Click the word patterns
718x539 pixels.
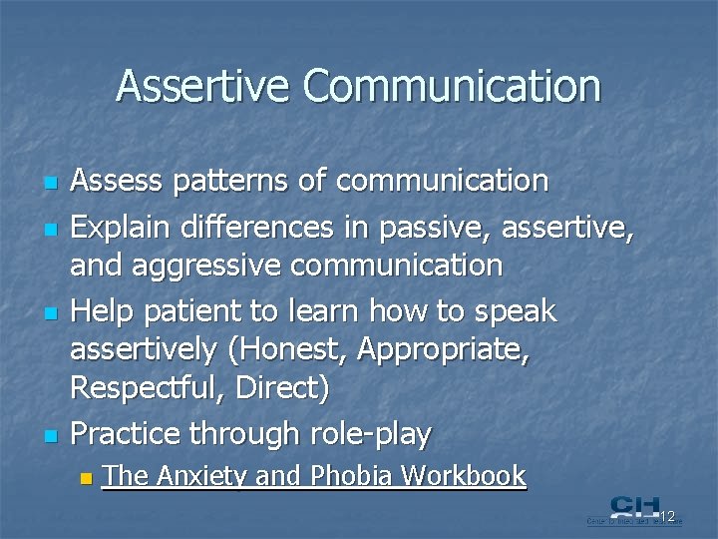click(x=236, y=181)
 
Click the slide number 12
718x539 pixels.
click(x=667, y=516)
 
